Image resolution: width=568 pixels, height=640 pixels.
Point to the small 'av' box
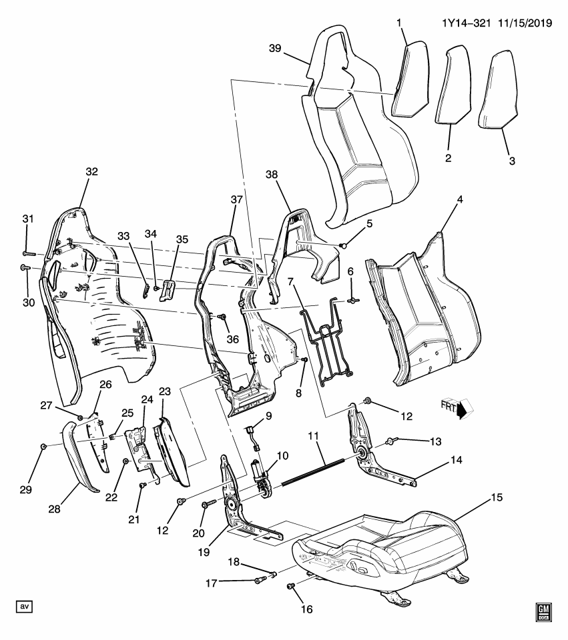click(x=24, y=606)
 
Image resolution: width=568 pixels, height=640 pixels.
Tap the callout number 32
click(x=91, y=171)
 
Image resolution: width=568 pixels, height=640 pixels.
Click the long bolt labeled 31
click(x=31, y=253)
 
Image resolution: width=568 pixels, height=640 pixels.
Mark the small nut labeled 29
click(x=43, y=446)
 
